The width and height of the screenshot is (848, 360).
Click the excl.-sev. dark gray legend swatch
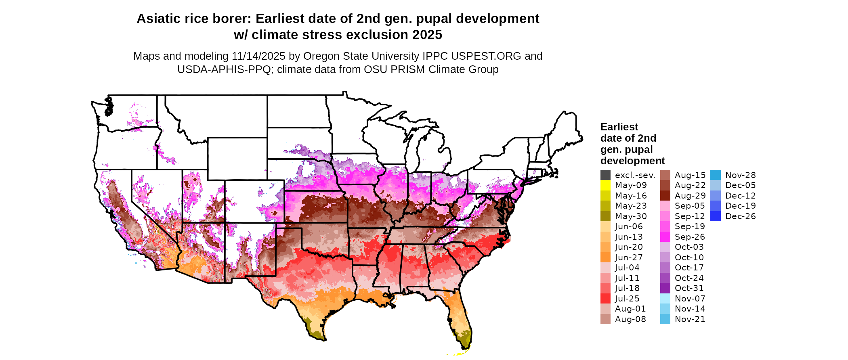(x=605, y=175)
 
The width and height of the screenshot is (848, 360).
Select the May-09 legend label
(x=631, y=185)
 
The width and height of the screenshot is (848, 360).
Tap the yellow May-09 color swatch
(x=605, y=185)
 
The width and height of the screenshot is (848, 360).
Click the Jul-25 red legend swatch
(x=605, y=299)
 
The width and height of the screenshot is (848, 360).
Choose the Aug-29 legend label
(x=690, y=196)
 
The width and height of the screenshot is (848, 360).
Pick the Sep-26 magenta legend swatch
(x=665, y=237)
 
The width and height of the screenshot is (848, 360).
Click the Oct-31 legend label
(x=689, y=288)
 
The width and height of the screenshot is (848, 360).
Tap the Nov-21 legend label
(x=690, y=319)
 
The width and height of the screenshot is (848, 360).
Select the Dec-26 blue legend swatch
(x=715, y=216)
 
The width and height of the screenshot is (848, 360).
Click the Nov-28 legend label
(x=740, y=175)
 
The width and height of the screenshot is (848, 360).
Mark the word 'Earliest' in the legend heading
(x=619, y=127)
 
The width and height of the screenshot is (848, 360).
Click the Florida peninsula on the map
(x=460, y=319)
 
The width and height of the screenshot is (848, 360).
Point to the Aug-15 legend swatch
(x=665, y=175)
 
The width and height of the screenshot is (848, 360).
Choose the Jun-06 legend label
(x=629, y=227)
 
